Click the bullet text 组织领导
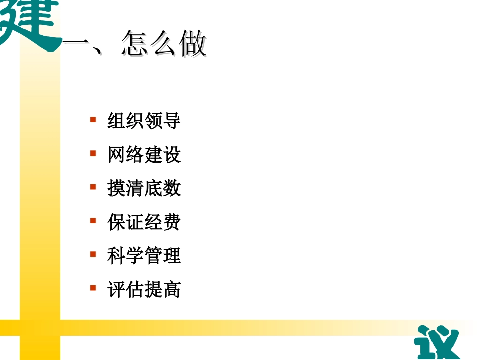click(x=144, y=121)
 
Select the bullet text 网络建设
click(x=144, y=155)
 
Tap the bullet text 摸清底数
click(x=144, y=189)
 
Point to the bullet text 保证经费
click(x=144, y=222)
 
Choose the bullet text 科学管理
click(x=144, y=256)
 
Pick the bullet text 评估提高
click(x=144, y=290)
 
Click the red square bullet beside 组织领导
click(x=93, y=120)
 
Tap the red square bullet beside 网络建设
click(x=93, y=153)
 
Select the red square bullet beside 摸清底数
click(x=93, y=187)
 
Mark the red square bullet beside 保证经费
click(x=93, y=221)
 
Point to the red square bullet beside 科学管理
click(x=93, y=254)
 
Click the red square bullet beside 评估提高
click(x=93, y=288)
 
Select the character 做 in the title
click(x=193, y=44)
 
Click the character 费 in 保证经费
click(x=172, y=222)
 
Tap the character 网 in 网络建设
click(x=116, y=155)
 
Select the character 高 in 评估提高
click(x=172, y=290)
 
